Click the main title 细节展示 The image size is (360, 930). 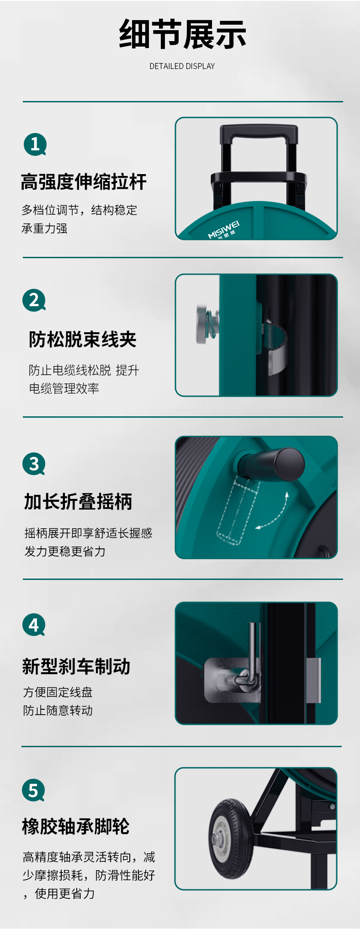pyautogui.click(x=182, y=34)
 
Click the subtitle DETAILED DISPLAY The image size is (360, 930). pyautogui.click(x=182, y=66)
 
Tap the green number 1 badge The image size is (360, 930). pyautogui.click(x=35, y=144)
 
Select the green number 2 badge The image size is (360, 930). pyautogui.click(x=34, y=300)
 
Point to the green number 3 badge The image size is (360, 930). pyautogui.click(x=34, y=464)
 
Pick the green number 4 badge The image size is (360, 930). pyautogui.click(x=34, y=625)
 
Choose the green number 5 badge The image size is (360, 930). pyautogui.click(x=33, y=790)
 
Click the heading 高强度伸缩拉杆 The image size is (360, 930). pyautogui.click(x=84, y=181)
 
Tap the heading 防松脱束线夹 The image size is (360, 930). pyautogui.click(x=83, y=339)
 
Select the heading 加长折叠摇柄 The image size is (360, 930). pyautogui.click(x=78, y=501)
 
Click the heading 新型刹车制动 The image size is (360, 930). pyautogui.click(x=76, y=666)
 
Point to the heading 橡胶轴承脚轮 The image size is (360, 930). pyautogui.click(x=76, y=826)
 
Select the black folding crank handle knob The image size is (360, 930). pyautogui.click(x=273, y=464)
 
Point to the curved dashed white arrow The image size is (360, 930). pyautogui.click(x=277, y=514)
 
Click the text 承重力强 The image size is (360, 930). pyautogui.click(x=44, y=228)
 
